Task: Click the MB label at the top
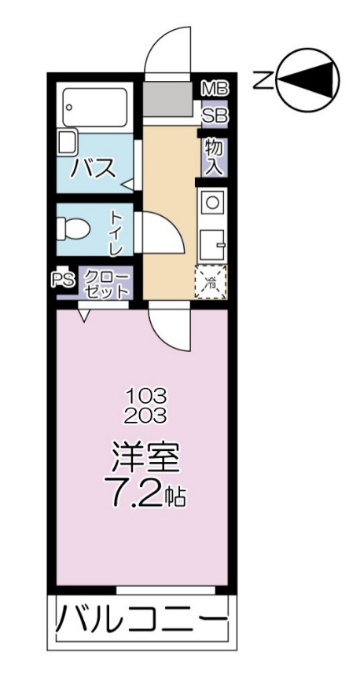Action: tap(214, 87)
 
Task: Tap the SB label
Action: tap(214, 117)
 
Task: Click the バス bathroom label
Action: tap(92, 167)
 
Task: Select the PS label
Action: tap(62, 280)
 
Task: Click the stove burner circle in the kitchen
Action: tap(212, 201)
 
